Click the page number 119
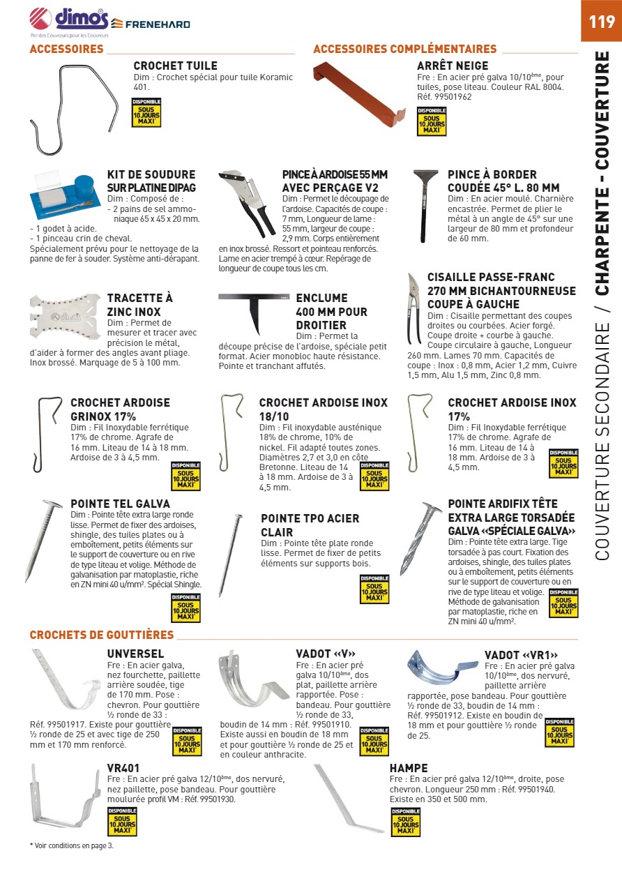coord(601,22)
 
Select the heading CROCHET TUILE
coord(175,66)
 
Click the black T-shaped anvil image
coord(253,308)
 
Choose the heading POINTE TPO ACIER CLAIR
coord(310,525)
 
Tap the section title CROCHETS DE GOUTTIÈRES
coord(102,635)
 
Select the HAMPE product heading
coord(409,768)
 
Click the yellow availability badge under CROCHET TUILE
coord(146,113)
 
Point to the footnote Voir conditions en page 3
coord(71,845)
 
